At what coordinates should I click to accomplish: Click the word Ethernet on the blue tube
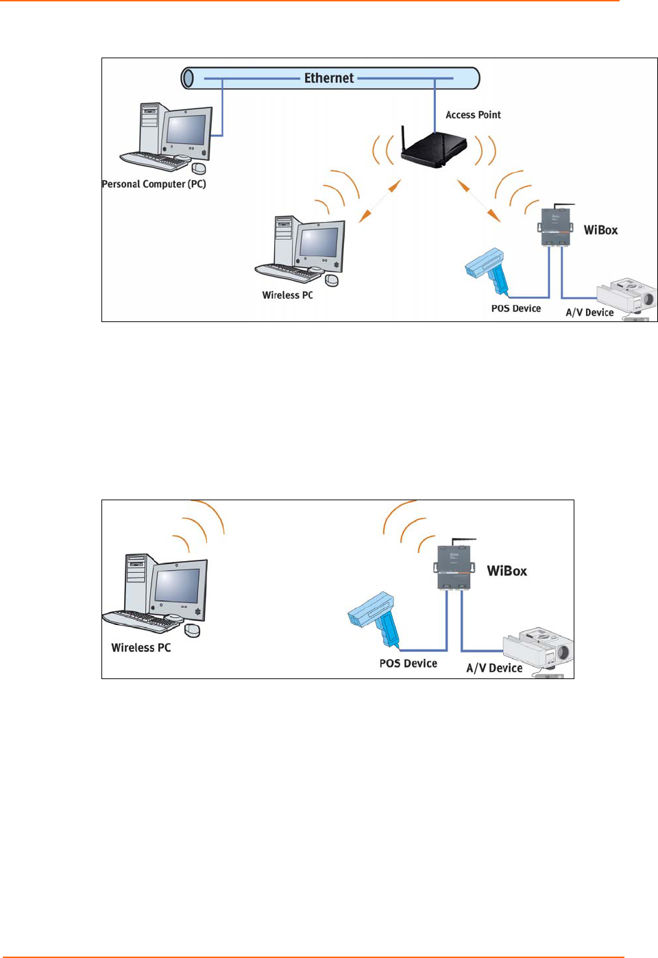(x=329, y=78)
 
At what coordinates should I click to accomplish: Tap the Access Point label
(x=473, y=115)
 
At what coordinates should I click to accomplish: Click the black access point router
(x=433, y=148)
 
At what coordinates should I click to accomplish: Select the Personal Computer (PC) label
(x=154, y=184)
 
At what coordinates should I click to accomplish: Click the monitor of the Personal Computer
(x=186, y=130)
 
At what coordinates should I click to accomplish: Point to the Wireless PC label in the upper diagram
(x=287, y=295)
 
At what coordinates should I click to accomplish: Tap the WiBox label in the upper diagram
(x=600, y=230)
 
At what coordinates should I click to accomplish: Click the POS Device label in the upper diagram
(x=515, y=309)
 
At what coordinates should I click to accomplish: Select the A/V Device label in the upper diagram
(x=589, y=312)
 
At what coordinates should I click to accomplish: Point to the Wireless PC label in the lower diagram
(x=141, y=648)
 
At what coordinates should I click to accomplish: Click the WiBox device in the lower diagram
(x=454, y=566)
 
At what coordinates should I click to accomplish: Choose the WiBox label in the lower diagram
(x=507, y=572)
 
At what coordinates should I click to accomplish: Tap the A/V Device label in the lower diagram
(x=494, y=668)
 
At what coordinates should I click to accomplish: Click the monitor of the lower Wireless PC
(x=178, y=587)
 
